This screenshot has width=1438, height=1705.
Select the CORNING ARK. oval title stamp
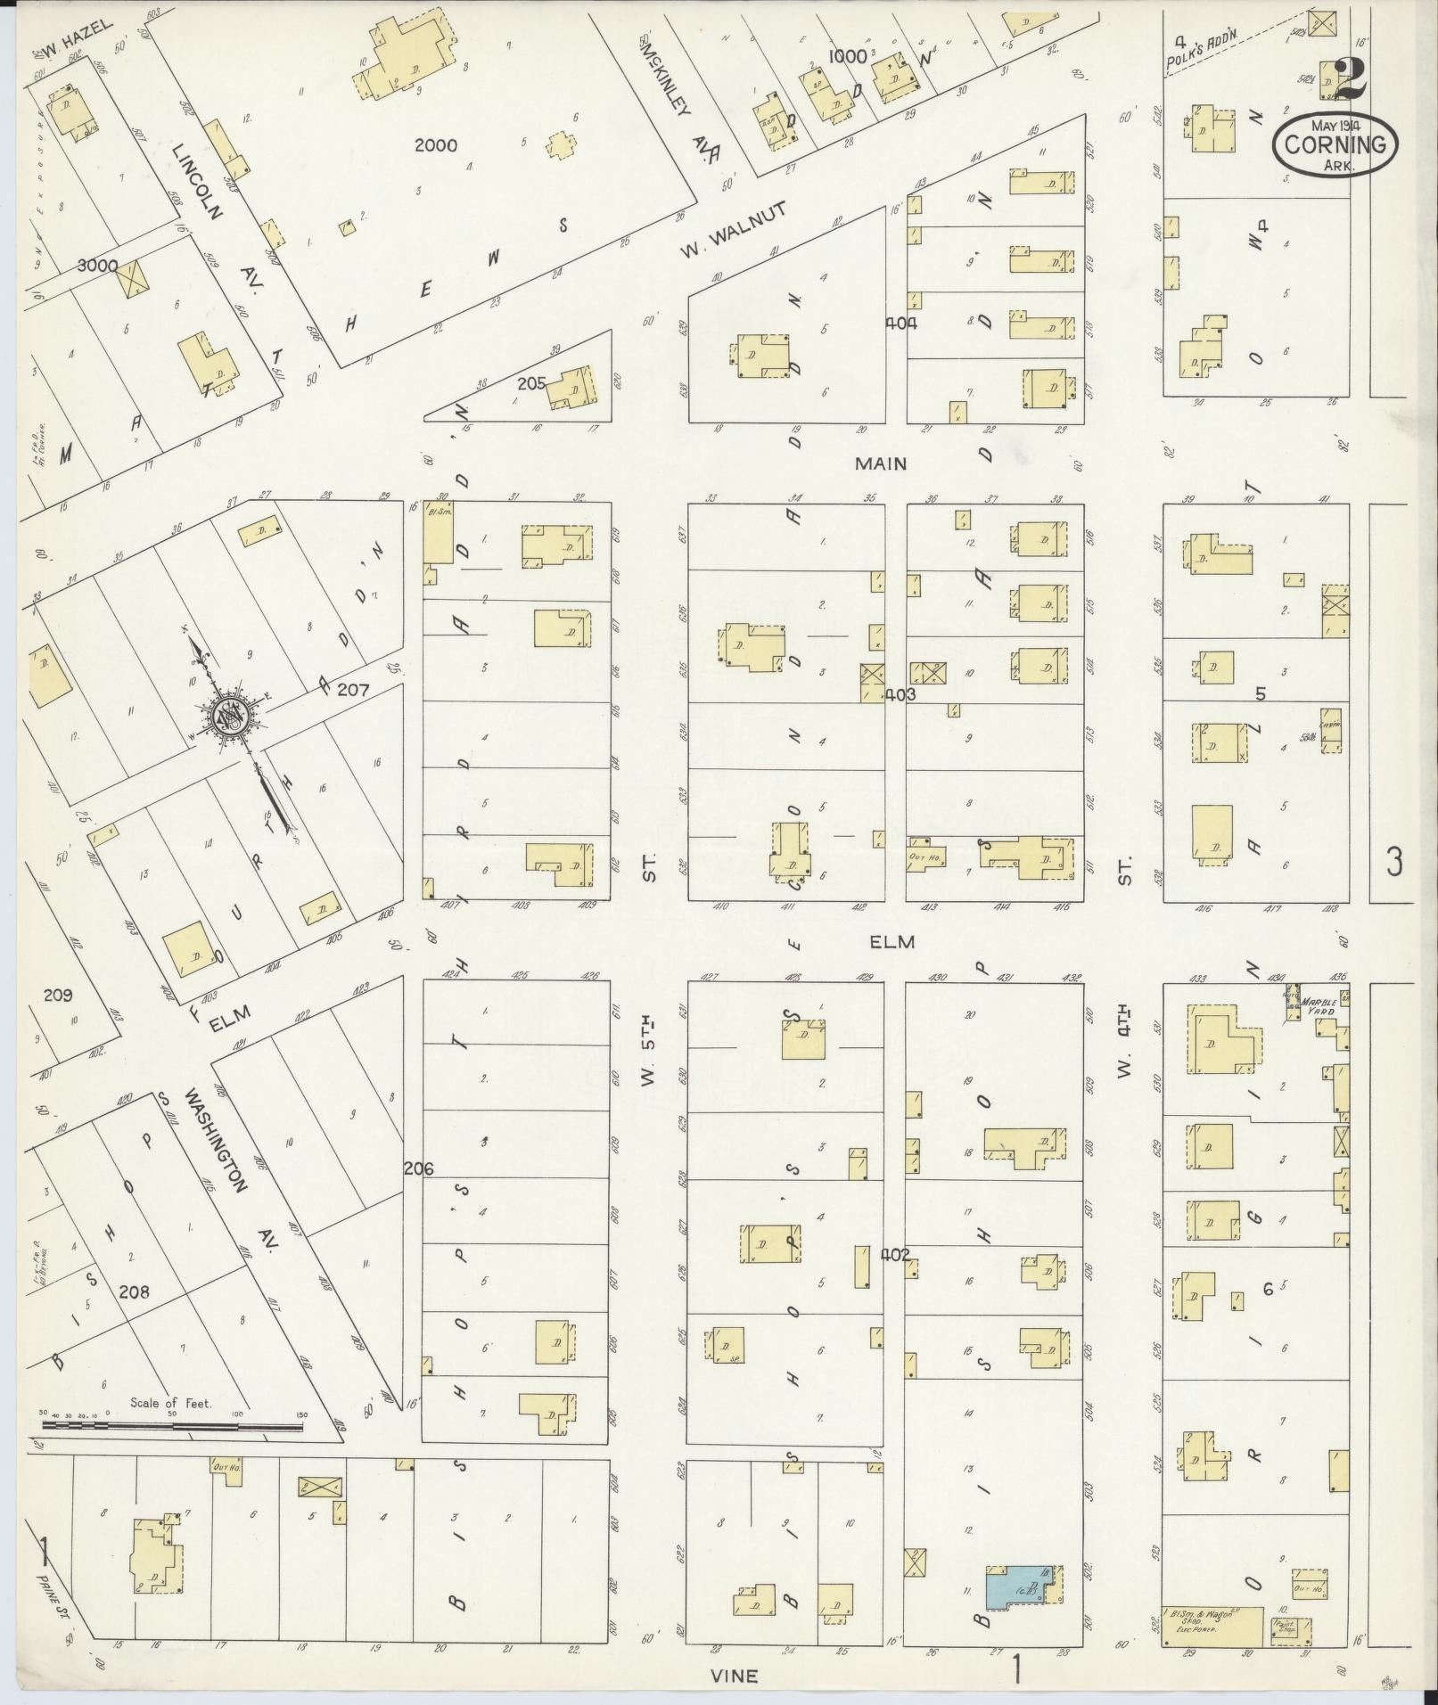1335,144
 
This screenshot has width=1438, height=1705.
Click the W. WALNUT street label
733,231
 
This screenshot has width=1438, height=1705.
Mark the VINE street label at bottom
735,1676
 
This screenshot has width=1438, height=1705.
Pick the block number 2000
435,145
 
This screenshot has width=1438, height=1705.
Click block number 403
900,693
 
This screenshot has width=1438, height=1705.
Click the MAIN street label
881,463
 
